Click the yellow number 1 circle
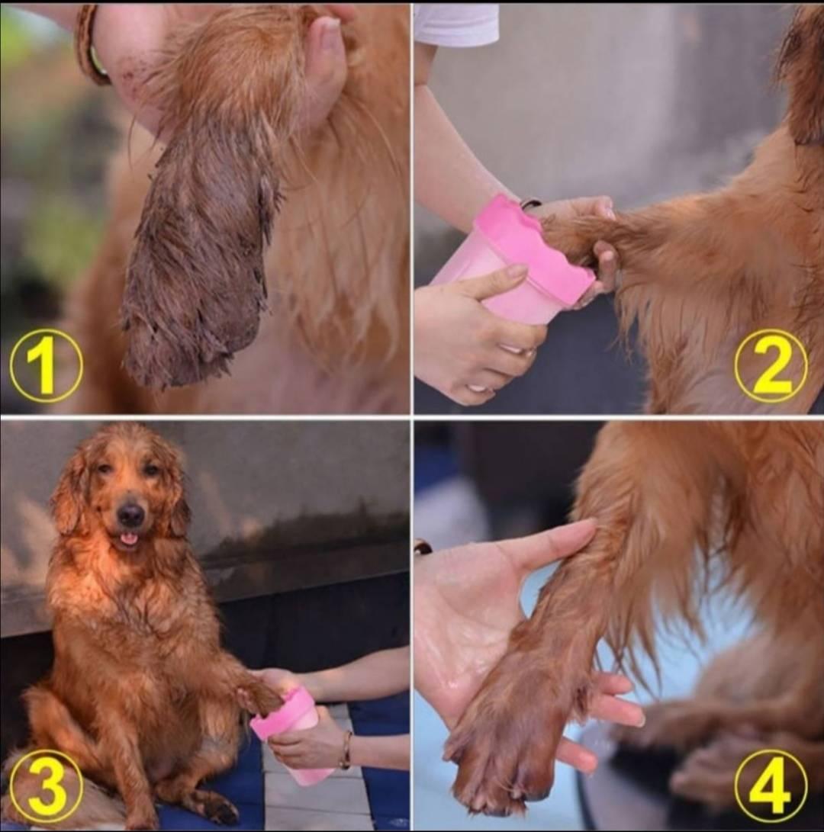47,365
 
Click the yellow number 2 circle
771,365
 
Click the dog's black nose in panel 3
130,513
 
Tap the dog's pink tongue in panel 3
127,539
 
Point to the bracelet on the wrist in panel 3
346,749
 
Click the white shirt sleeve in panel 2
455,24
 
